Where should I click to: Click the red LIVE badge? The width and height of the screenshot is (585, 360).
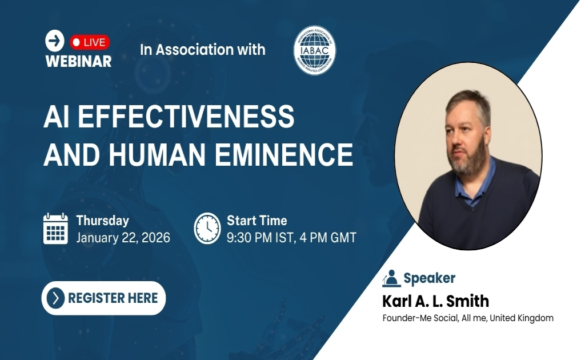point(90,42)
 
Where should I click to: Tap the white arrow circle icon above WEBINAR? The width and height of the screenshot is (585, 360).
point(55,41)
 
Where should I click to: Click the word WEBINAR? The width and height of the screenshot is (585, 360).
point(78,61)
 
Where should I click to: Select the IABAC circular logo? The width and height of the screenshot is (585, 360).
point(314,50)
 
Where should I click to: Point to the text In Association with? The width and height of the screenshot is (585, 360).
point(203,50)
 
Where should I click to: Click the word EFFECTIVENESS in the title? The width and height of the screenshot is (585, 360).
point(186,117)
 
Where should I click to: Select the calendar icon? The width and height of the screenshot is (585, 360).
point(55,229)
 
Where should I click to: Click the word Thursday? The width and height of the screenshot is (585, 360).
point(102,221)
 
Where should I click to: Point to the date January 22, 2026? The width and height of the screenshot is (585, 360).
point(123,238)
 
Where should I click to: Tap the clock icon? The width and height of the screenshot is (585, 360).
point(207,229)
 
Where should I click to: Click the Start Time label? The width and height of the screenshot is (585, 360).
point(257,221)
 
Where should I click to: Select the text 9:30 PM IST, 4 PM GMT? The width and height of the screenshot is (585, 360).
point(291,238)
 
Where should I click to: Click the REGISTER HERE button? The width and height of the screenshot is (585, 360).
point(103,298)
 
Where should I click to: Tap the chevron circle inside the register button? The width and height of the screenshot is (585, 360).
point(55,298)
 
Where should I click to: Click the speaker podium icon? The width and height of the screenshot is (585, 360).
point(391,278)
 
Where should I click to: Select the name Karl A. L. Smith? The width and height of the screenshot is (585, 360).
point(435,301)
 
